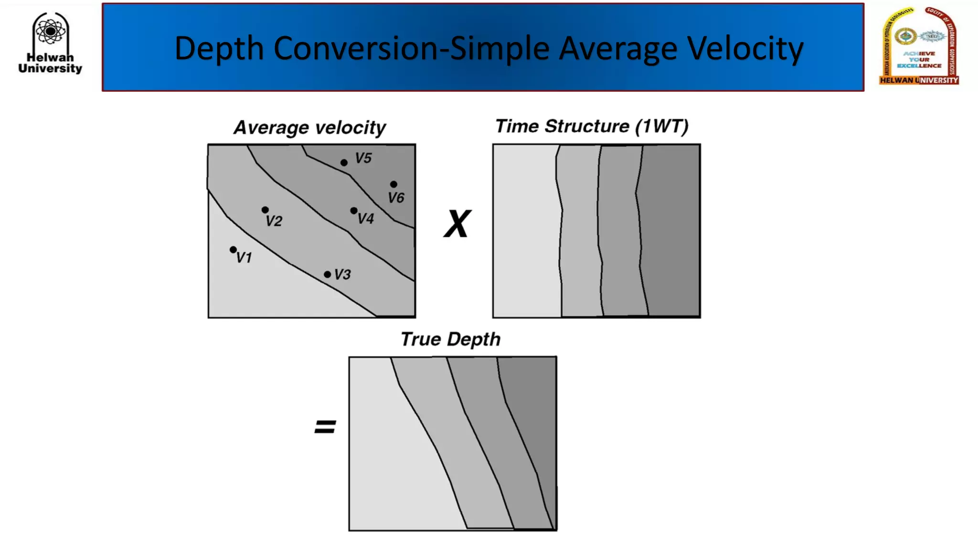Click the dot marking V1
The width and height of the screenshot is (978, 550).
233,250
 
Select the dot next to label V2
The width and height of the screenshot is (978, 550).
265,210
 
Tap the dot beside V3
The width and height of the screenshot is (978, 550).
327,275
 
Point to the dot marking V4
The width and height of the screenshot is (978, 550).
354,211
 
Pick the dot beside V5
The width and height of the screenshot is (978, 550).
344,163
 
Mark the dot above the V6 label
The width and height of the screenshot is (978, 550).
393,184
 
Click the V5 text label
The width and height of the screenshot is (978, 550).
363,158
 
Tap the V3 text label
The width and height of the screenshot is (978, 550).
342,275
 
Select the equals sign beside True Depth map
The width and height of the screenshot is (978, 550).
325,426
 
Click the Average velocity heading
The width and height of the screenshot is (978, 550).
309,127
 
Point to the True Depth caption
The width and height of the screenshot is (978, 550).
450,339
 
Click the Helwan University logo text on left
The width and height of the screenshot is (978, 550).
50,63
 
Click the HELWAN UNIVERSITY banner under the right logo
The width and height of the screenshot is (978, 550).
919,80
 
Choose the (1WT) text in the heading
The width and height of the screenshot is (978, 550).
661,127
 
